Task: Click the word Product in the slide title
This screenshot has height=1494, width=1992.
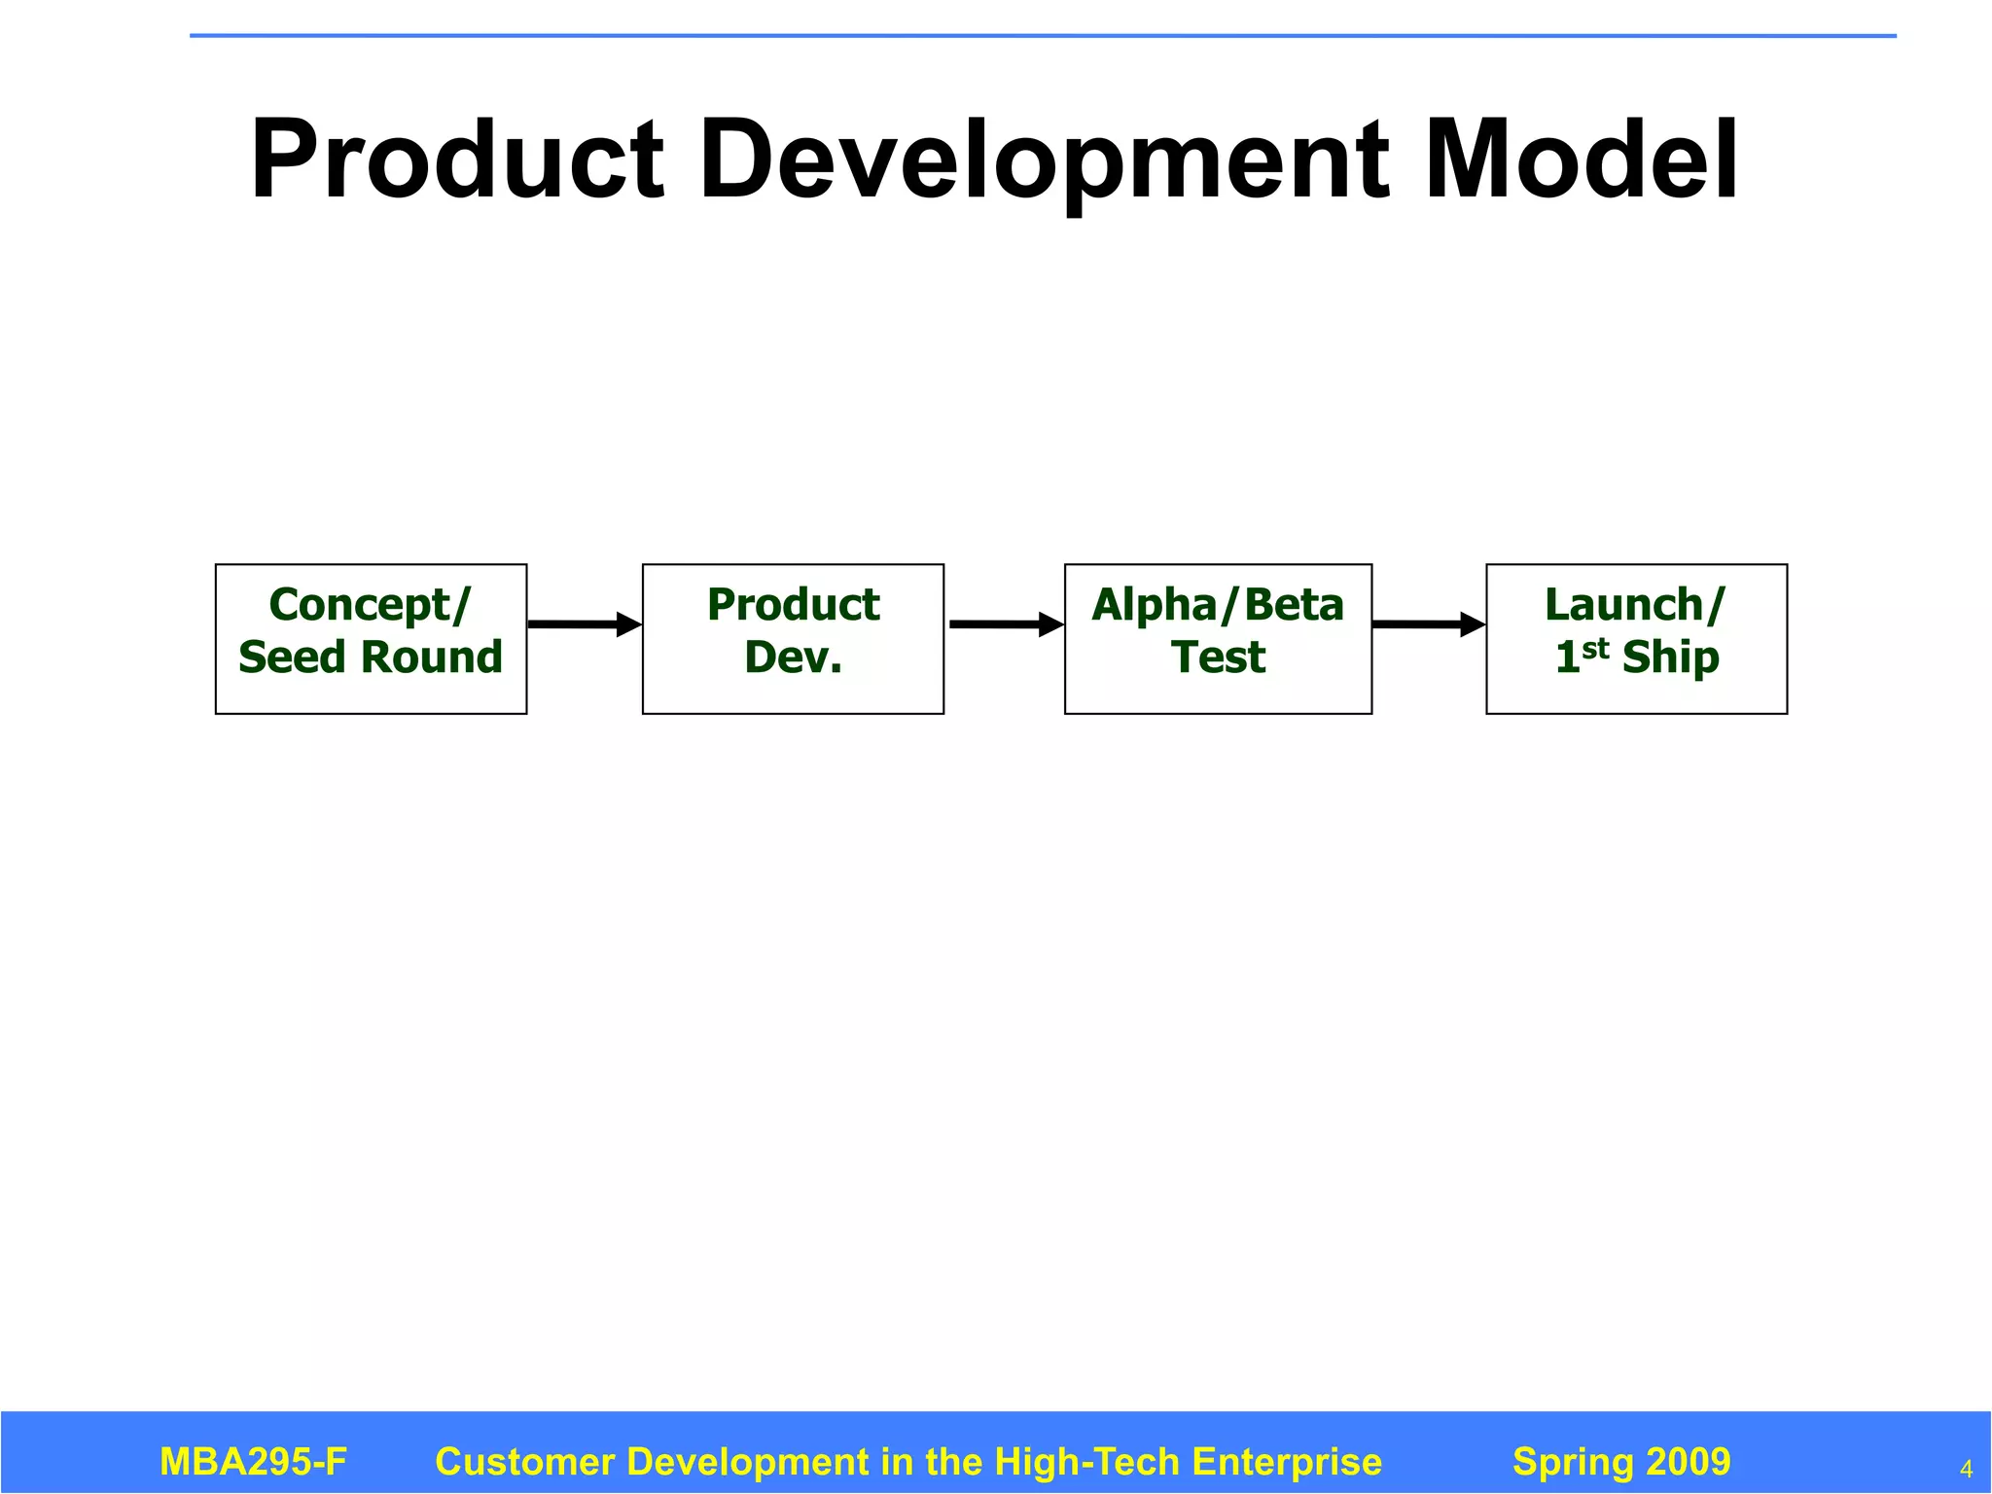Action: click(457, 160)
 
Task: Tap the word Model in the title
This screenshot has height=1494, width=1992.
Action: click(1581, 160)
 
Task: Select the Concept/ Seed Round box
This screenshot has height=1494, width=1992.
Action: click(371, 639)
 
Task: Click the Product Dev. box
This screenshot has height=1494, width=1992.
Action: click(793, 639)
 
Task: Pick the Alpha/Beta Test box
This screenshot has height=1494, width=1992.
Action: click(1218, 639)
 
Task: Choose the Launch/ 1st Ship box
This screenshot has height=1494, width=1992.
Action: click(1636, 639)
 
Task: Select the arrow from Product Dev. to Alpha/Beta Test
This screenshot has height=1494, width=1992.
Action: click(1005, 624)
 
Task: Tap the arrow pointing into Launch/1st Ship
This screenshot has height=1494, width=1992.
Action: click(1428, 624)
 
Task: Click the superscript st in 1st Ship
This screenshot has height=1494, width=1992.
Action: click(1595, 648)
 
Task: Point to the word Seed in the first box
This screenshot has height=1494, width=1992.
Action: click(292, 658)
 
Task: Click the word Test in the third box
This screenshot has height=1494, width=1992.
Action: click(1218, 658)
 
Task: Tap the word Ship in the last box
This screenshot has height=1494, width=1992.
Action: click(1670, 658)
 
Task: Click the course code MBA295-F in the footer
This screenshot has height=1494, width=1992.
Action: click(253, 1462)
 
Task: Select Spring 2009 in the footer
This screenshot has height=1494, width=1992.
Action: click(1621, 1462)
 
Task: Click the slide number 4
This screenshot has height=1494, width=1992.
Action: click(1966, 1469)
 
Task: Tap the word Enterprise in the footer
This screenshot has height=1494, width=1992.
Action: click(1286, 1462)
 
